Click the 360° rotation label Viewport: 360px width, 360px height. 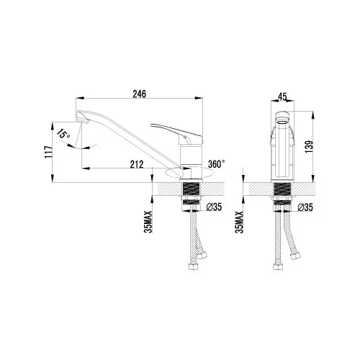pos(216,164)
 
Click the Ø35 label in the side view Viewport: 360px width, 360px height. pos(213,208)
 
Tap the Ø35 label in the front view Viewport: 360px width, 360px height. pos(305,208)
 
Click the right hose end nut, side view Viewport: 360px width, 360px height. pos(204,254)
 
